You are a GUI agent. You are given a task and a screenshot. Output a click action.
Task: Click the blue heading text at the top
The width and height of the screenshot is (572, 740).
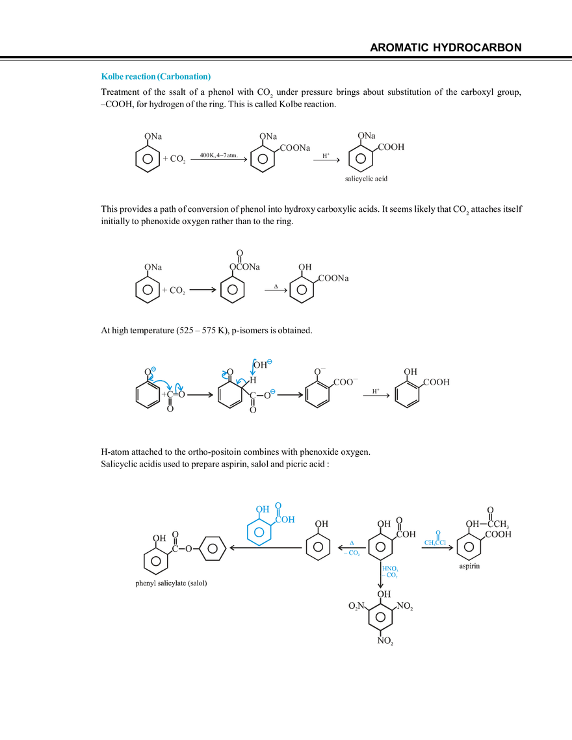(x=156, y=76)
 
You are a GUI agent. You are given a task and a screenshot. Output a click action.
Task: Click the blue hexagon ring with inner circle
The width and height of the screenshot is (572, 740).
(x=259, y=533)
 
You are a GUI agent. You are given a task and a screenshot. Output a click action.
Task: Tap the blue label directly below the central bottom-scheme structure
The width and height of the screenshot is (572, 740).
(x=390, y=572)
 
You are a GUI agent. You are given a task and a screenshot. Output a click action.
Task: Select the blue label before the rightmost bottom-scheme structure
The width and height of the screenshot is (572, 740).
(x=434, y=540)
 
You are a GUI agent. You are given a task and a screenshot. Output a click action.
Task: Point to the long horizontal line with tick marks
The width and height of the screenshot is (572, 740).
(x=171, y=587)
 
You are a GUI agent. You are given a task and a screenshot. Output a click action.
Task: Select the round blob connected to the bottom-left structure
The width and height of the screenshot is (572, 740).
(x=213, y=548)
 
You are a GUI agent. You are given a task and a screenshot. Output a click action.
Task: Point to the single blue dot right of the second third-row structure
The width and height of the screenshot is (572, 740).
(x=274, y=392)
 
